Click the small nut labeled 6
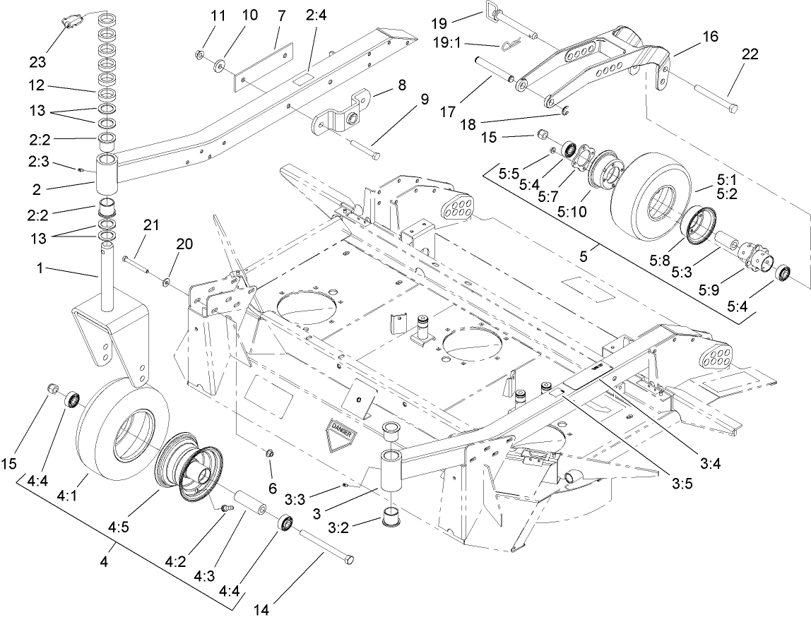pos(268,453)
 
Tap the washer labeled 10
pos(220,65)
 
